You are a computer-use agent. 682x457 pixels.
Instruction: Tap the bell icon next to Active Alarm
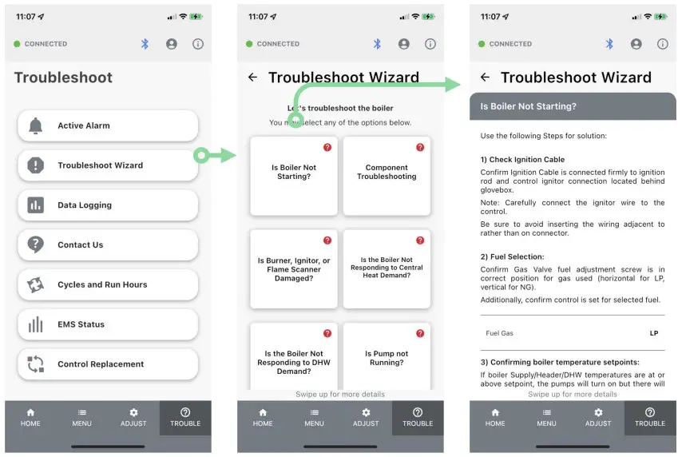[36, 125]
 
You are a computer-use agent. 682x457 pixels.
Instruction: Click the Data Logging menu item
[108, 205]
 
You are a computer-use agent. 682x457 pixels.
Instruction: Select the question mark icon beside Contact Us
[35, 244]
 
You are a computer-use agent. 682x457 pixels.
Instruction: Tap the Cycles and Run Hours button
[108, 284]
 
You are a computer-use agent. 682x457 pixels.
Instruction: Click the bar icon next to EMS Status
[36, 324]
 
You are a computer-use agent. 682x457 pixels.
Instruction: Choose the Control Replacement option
[108, 364]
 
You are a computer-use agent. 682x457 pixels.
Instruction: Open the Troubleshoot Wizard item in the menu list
[108, 165]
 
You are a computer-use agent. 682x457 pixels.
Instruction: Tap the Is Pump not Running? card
[387, 356]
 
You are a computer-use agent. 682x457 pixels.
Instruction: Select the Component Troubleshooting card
[387, 176]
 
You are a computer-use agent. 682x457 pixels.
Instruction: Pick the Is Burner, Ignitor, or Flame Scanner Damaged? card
[294, 269]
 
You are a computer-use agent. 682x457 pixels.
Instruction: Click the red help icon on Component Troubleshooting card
[420, 147]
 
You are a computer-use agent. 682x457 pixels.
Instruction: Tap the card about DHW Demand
[294, 356]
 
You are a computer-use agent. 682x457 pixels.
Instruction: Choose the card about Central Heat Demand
[387, 269]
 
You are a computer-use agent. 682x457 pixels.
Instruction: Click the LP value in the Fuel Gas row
[654, 333]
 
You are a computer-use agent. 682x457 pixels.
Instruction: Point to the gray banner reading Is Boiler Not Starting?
[573, 106]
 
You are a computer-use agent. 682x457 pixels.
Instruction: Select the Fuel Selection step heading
[512, 256]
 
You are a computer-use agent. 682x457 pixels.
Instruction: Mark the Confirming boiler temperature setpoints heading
[560, 362]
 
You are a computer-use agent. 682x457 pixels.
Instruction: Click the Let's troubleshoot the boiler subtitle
[340, 108]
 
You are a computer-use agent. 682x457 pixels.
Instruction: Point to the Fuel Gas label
[499, 333]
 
